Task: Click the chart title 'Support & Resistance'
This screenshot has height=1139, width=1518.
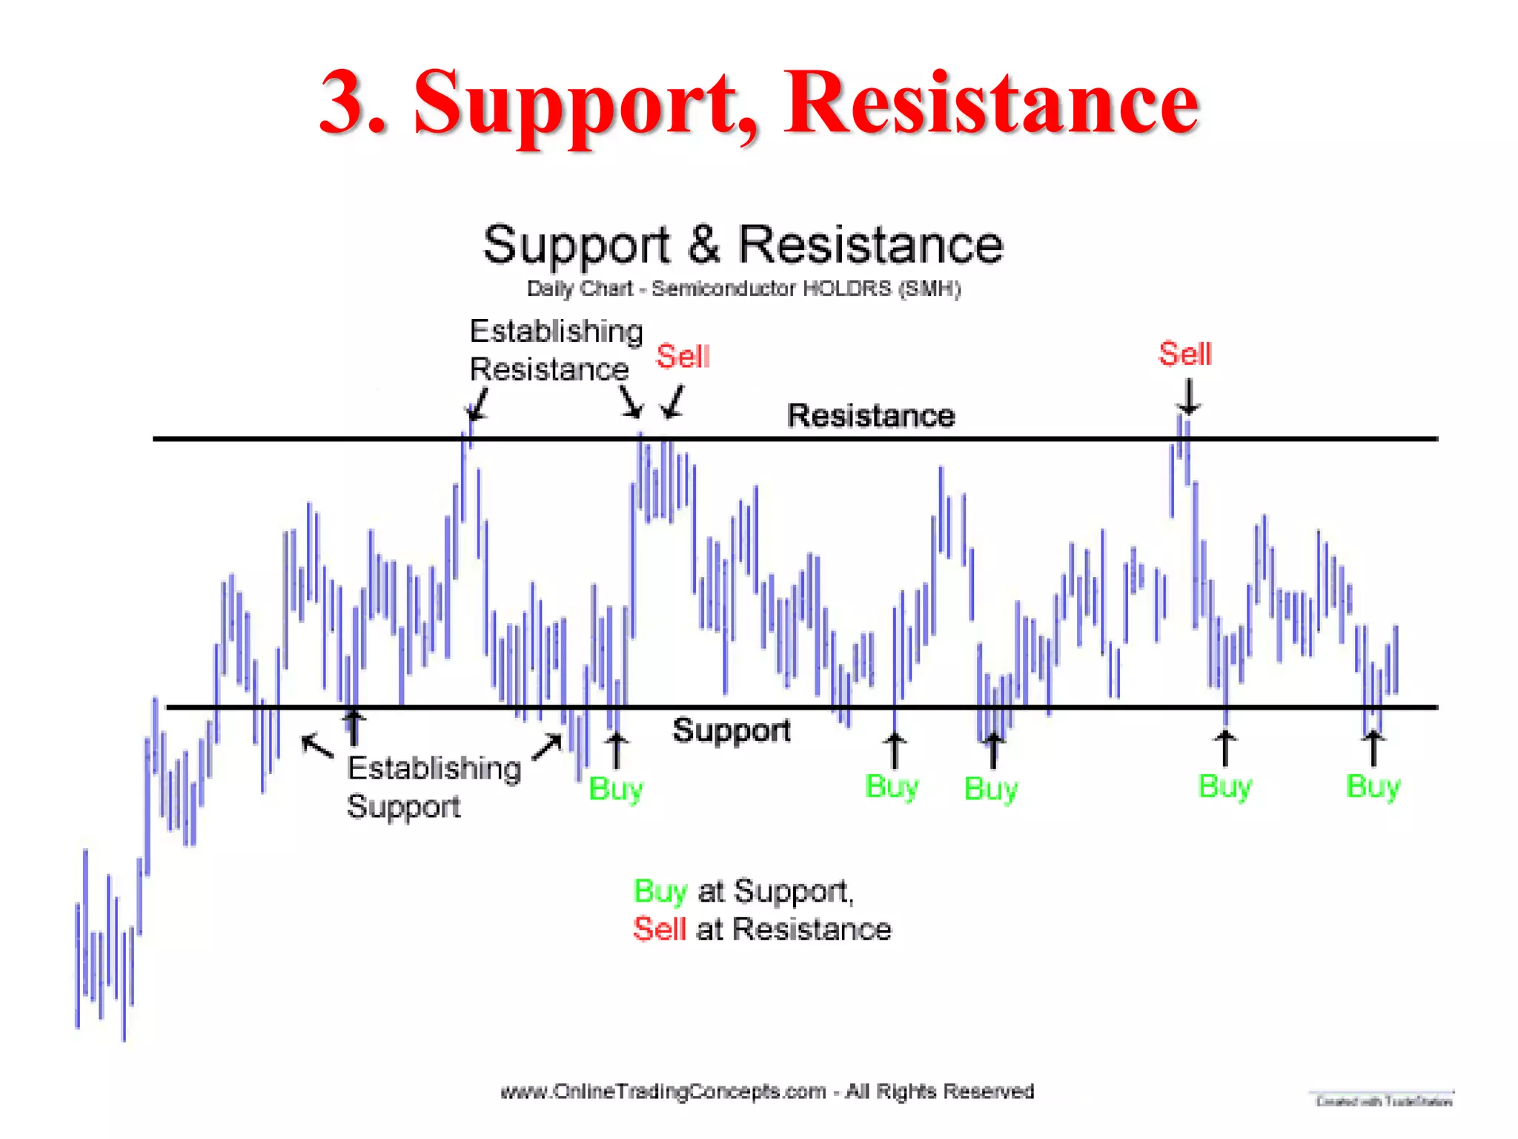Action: (x=743, y=245)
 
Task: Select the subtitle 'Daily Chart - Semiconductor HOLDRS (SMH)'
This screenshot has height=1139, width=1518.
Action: (x=743, y=288)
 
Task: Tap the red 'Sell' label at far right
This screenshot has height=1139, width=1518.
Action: (x=1184, y=354)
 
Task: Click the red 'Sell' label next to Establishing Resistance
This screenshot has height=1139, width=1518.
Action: (x=683, y=357)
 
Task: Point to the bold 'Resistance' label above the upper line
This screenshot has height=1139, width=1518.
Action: (x=870, y=415)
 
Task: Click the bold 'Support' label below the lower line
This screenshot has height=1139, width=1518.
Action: (x=731, y=730)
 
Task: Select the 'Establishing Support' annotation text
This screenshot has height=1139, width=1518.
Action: (x=434, y=787)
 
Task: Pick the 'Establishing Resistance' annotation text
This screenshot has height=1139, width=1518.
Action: (x=556, y=350)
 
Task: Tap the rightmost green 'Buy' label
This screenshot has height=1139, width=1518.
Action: (x=1372, y=787)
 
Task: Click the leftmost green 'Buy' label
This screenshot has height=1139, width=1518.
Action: (x=615, y=789)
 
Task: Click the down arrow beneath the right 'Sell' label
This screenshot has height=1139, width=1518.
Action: (x=1188, y=397)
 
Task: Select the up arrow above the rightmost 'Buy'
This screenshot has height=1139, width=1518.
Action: (x=1373, y=747)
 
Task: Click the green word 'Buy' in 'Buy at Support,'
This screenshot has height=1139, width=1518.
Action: (x=660, y=891)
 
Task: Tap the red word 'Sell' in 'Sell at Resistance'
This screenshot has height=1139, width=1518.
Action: (x=659, y=929)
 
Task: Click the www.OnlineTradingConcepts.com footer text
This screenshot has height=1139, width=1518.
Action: (x=766, y=1092)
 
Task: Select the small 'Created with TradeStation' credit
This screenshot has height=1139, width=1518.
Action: (x=1383, y=1101)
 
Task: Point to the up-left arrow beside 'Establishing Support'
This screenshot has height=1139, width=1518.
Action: (x=318, y=746)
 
